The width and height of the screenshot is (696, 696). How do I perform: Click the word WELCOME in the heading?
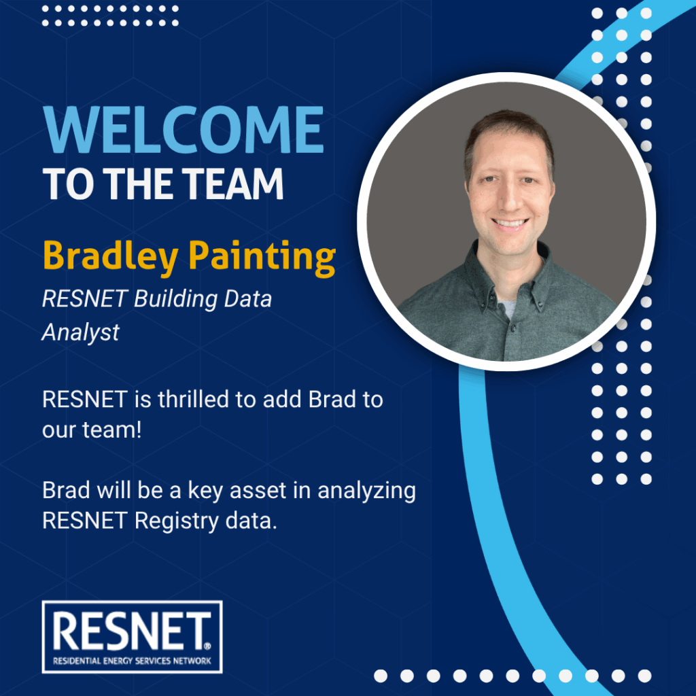pos(184,130)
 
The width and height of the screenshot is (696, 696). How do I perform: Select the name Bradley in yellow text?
pos(111,257)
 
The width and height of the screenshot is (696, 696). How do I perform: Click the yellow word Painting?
pos(262,257)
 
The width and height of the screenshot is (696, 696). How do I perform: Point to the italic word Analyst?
pos(80,332)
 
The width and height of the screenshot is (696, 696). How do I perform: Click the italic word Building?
pos(176,298)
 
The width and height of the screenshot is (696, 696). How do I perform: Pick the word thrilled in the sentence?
pos(194,399)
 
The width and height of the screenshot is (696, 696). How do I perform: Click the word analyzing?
pos(366,491)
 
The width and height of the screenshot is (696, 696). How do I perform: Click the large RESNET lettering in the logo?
pos(131,631)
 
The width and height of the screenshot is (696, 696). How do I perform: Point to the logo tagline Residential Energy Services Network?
pos(132,661)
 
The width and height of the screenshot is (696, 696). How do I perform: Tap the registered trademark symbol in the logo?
pos(208,646)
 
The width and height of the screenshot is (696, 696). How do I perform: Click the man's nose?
pos(509,200)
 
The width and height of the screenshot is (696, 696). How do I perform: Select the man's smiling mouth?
pos(510,222)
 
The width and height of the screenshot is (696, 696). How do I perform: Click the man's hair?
pos(509,128)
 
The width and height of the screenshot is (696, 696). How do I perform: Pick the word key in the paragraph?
pos(205,491)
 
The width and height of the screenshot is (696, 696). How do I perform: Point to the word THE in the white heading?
pos(139,184)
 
